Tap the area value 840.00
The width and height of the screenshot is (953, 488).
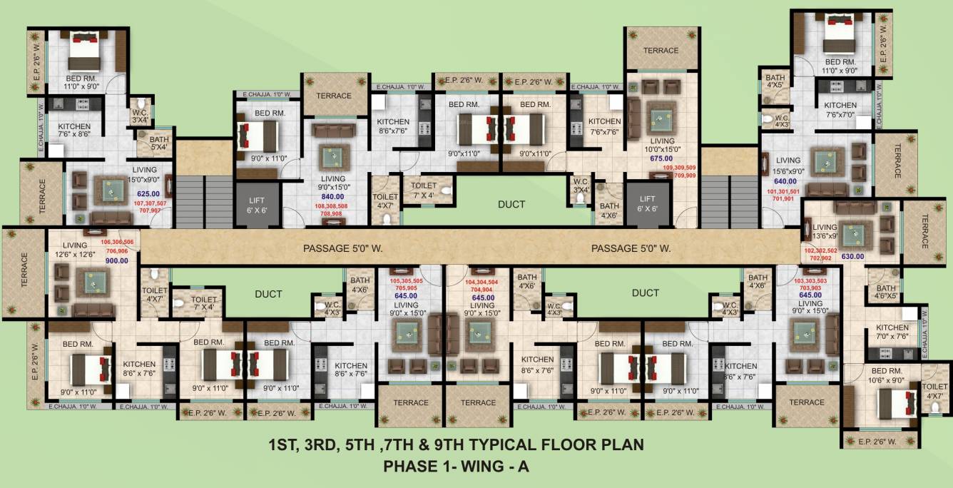pos(332,196)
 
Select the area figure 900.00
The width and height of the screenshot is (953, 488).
pos(117,260)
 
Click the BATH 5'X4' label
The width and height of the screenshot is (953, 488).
pos(159,143)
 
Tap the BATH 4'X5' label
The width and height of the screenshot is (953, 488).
pos(775,82)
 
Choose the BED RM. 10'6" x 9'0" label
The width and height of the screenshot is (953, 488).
pos(887,375)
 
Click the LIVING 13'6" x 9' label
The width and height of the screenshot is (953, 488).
pos(824,231)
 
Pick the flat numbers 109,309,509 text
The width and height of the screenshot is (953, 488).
pos(679,168)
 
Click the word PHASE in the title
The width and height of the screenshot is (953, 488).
pos(407,467)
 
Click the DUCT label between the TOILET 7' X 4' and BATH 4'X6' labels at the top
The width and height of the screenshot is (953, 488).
pos(511,205)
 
